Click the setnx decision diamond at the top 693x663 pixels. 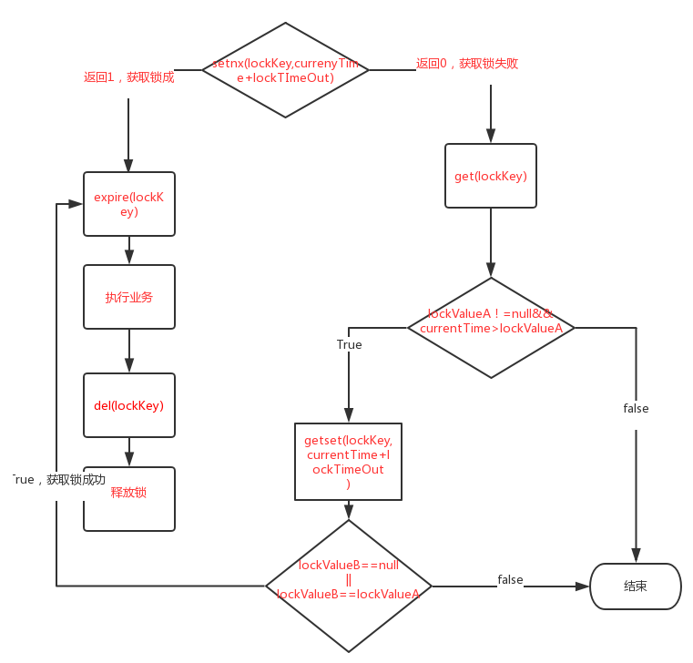(x=285, y=70)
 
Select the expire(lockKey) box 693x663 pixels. (x=128, y=204)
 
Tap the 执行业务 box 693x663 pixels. (x=128, y=297)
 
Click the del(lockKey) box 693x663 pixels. (x=128, y=405)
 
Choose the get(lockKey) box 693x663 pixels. (x=491, y=176)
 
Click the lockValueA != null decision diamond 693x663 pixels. (x=491, y=327)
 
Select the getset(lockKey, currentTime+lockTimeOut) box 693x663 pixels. (x=348, y=461)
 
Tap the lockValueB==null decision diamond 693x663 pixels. (x=349, y=586)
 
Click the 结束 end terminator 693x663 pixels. (x=636, y=586)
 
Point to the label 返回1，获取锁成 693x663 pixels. (x=128, y=77)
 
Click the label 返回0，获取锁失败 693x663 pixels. (x=467, y=64)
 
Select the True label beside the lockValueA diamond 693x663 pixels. (x=349, y=344)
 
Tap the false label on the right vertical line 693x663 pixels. (x=636, y=408)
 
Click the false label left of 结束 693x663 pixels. (x=510, y=579)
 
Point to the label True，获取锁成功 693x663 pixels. (x=58, y=479)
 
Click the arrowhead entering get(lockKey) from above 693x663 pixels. (x=491, y=137)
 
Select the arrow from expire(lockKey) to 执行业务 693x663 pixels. (x=128, y=250)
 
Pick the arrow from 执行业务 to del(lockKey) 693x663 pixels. (x=128, y=352)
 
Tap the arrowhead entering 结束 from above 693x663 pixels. (x=636, y=556)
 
